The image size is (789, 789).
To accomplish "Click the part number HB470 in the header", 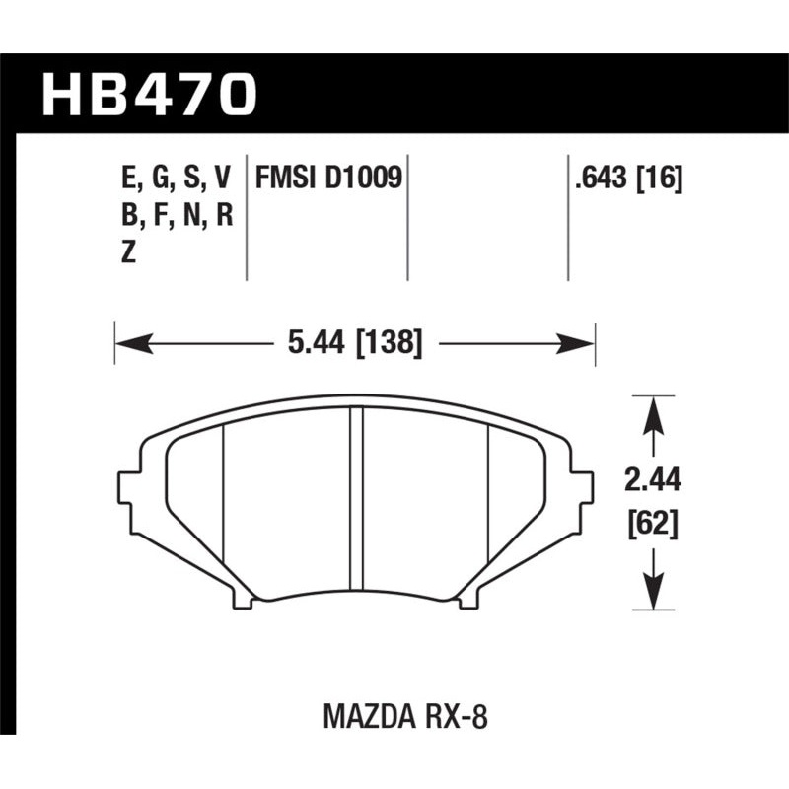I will coord(148,95).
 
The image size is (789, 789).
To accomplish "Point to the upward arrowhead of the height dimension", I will coord(651,413).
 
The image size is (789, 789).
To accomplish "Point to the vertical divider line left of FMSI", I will coord(246,217).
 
